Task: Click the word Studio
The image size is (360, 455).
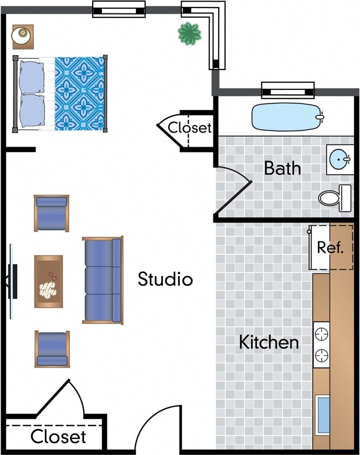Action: click(165, 279)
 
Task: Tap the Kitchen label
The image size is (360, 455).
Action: click(268, 342)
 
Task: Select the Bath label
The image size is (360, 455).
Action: click(282, 168)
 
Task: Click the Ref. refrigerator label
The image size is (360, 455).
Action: click(330, 247)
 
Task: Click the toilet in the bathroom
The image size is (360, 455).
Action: click(334, 197)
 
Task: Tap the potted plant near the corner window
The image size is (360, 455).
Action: click(189, 33)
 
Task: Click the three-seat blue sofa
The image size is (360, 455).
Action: click(102, 280)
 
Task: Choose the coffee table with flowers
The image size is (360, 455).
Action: click(49, 281)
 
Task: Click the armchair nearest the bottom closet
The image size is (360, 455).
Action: click(52, 349)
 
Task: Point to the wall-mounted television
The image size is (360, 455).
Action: click(13, 280)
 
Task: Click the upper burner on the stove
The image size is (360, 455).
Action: click(322, 333)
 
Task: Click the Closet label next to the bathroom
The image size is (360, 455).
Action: click(190, 128)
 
